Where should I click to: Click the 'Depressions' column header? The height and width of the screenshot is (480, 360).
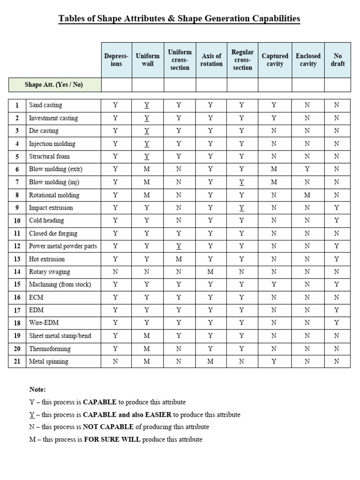pyautogui.click(x=116, y=60)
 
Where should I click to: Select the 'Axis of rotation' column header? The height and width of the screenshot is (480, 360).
pyautogui.click(x=211, y=60)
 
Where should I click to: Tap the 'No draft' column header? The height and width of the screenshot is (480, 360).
pyautogui.click(x=337, y=60)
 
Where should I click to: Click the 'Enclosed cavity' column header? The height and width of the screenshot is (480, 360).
pyautogui.click(x=308, y=60)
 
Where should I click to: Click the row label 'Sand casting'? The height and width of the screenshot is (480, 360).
pyautogui.click(x=45, y=105)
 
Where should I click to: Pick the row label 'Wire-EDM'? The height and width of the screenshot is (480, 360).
pyautogui.click(x=44, y=323)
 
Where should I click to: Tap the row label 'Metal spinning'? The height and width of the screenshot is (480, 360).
pyautogui.click(x=49, y=361)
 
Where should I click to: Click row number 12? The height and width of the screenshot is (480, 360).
pyautogui.click(x=17, y=246)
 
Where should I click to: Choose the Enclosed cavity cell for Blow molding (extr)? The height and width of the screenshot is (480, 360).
pyautogui.click(x=307, y=169)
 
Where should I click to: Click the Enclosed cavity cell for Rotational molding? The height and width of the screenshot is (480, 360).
pyautogui.click(x=307, y=195)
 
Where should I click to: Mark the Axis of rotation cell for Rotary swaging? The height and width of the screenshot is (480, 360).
pyautogui.click(x=210, y=272)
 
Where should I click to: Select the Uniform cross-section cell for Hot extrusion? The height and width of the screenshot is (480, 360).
pyautogui.click(x=179, y=259)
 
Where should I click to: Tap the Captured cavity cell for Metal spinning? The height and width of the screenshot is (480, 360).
pyautogui.click(x=274, y=361)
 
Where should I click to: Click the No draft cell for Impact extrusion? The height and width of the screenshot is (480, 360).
pyautogui.click(x=337, y=208)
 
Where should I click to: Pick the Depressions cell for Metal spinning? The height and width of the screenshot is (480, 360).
pyautogui.click(x=116, y=361)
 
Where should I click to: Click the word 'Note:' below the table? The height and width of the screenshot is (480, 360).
pyautogui.click(x=37, y=390)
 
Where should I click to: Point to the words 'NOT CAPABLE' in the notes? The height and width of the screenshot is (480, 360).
pyautogui.click(x=108, y=427)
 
